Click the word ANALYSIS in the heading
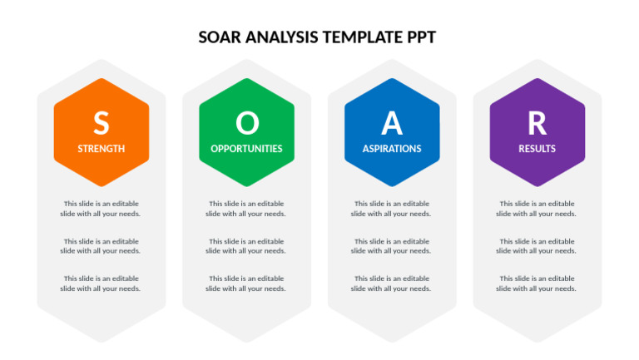point(283,37)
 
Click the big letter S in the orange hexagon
point(101,123)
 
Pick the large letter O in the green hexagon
point(246,123)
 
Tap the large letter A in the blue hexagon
point(391,123)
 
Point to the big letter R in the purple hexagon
point(537,123)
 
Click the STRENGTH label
point(101,149)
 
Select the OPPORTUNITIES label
point(246,149)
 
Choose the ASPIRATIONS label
point(391,149)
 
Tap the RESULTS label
point(537,149)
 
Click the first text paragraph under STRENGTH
point(101,209)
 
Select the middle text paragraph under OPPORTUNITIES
point(246,246)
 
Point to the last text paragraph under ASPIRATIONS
point(391,284)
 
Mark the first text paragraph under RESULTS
point(537,209)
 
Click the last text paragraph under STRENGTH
point(101,284)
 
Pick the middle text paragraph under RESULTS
point(537,246)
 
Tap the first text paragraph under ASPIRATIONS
point(391,209)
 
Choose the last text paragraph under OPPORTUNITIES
point(246,284)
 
